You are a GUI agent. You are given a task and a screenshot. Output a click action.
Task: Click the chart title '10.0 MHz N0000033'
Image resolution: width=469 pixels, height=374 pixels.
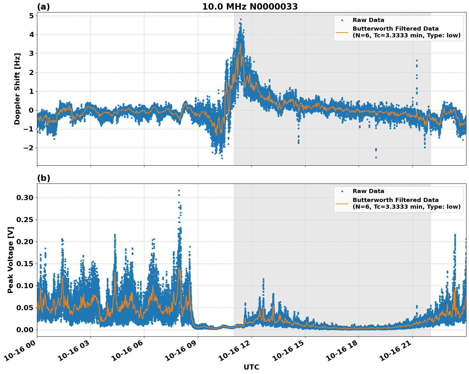tap(250, 7)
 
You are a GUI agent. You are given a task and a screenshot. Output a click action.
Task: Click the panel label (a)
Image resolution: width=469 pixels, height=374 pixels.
tap(43, 7)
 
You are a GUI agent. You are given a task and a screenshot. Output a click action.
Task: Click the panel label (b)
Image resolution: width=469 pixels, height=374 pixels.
tap(43, 178)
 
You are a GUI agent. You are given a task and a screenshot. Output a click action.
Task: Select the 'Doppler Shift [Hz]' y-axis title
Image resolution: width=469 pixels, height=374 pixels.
tap(17, 89)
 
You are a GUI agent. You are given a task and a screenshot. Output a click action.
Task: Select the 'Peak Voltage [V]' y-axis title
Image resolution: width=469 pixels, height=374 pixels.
tap(11, 260)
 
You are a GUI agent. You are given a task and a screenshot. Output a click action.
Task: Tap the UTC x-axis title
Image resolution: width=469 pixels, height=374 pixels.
tap(251, 367)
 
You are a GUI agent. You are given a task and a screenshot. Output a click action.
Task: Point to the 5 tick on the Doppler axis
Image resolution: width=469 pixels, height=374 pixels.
tap(31, 16)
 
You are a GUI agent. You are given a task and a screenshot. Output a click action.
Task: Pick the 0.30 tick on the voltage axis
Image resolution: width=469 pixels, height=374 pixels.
tap(25, 198)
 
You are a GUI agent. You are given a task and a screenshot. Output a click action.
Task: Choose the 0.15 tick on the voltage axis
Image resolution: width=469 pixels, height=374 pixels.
tap(25, 264)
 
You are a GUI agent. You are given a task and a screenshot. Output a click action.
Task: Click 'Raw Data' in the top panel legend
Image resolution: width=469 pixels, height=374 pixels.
tap(368, 20)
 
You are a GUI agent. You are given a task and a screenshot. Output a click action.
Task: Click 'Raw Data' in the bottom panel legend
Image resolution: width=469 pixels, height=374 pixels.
tap(368, 191)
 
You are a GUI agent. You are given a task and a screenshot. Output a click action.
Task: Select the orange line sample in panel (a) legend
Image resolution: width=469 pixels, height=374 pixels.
tap(342, 32)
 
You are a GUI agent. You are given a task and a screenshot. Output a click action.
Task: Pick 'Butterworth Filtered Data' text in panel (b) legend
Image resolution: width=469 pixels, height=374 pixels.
tap(395, 200)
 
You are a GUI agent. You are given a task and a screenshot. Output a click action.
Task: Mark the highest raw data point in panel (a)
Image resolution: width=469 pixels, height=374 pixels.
tap(241, 19)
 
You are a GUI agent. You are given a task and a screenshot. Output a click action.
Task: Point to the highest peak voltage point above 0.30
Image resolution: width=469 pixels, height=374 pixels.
tap(179, 191)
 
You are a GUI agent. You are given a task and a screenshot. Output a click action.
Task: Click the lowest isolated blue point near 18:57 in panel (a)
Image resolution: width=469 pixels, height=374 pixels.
tap(376, 157)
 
